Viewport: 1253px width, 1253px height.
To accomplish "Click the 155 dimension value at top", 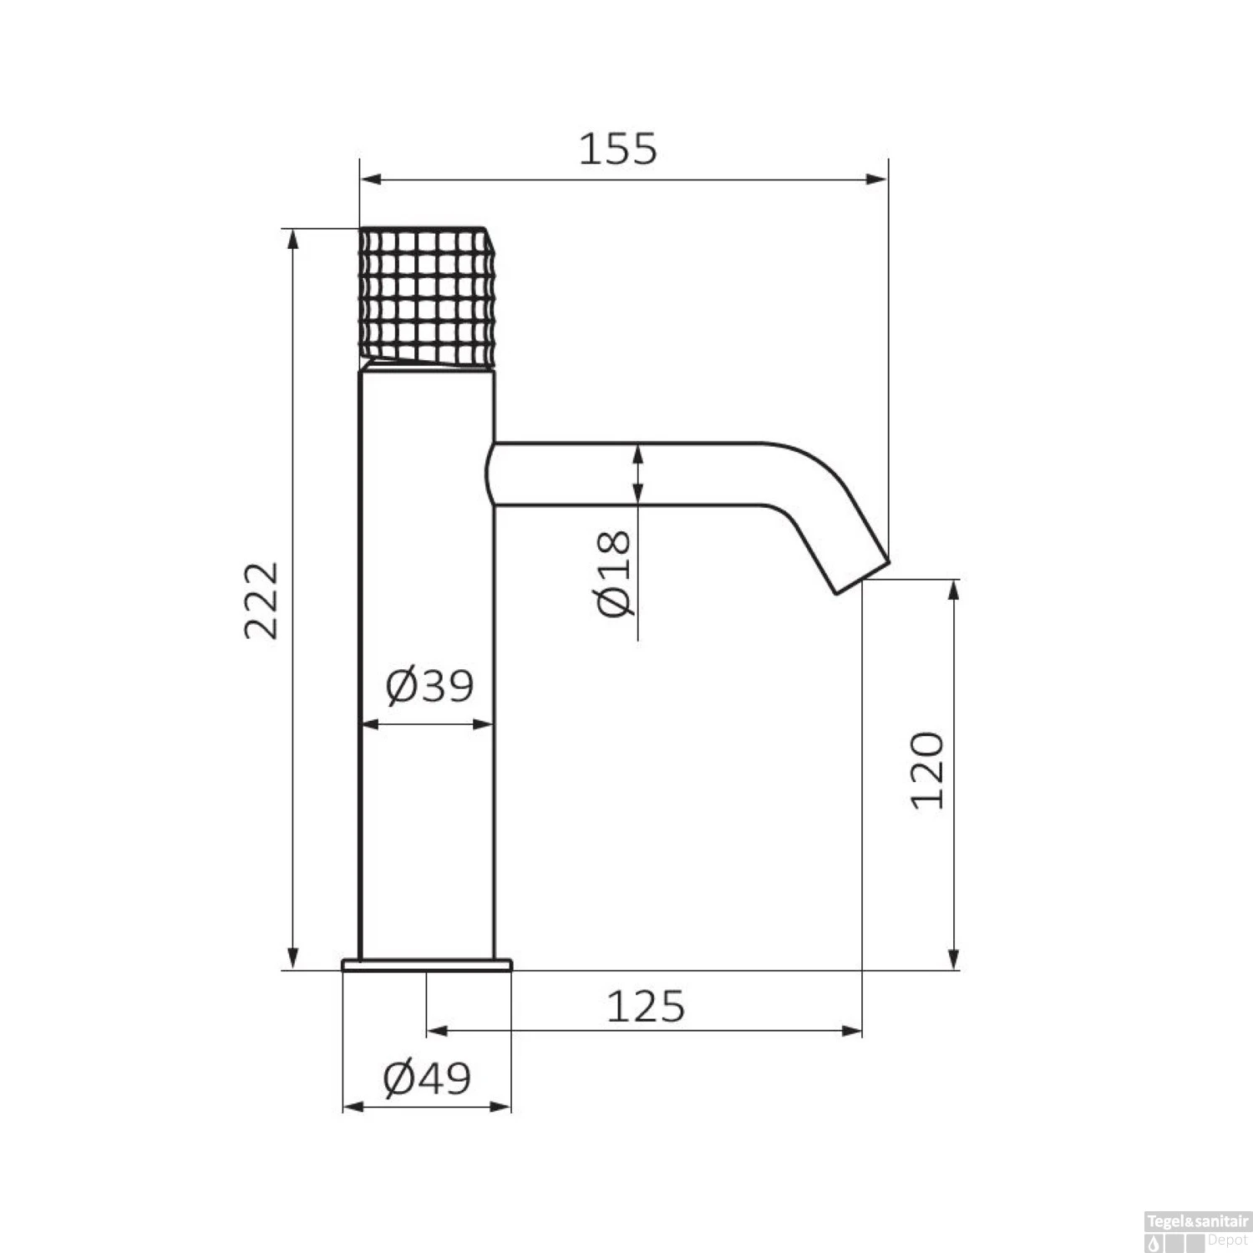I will [x=618, y=150].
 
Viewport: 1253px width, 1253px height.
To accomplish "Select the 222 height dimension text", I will [x=261, y=600].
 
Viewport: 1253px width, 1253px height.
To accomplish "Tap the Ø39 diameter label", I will [x=429, y=687].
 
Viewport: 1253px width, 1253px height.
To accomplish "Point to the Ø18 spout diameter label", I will [x=615, y=573].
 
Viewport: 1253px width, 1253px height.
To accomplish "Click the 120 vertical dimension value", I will [x=927, y=770].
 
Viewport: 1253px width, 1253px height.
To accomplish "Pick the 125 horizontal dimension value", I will [x=645, y=1007].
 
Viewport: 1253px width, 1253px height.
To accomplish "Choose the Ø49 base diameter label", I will [x=427, y=1078].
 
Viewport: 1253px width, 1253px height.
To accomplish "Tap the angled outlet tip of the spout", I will [x=860, y=575].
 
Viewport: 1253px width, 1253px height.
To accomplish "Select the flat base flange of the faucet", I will [x=427, y=965].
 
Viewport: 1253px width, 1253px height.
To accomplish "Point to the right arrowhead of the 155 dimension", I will [x=878, y=179].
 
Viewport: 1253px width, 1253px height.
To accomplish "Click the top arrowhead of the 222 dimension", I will [x=292, y=237].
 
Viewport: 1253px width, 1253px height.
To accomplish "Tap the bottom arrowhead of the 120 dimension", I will [x=954, y=960].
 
